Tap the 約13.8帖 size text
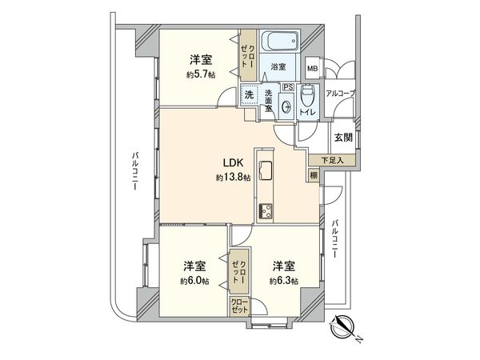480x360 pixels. [x=233, y=178]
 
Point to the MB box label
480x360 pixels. [x=312, y=69]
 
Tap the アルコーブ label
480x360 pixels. [x=341, y=94]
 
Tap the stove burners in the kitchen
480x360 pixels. [x=265, y=210]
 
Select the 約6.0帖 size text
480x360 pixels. [x=194, y=281]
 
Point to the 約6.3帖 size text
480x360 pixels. [x=283, y=281]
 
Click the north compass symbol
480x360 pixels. [x=344, y=327]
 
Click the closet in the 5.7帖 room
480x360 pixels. [x=247, y=55]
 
